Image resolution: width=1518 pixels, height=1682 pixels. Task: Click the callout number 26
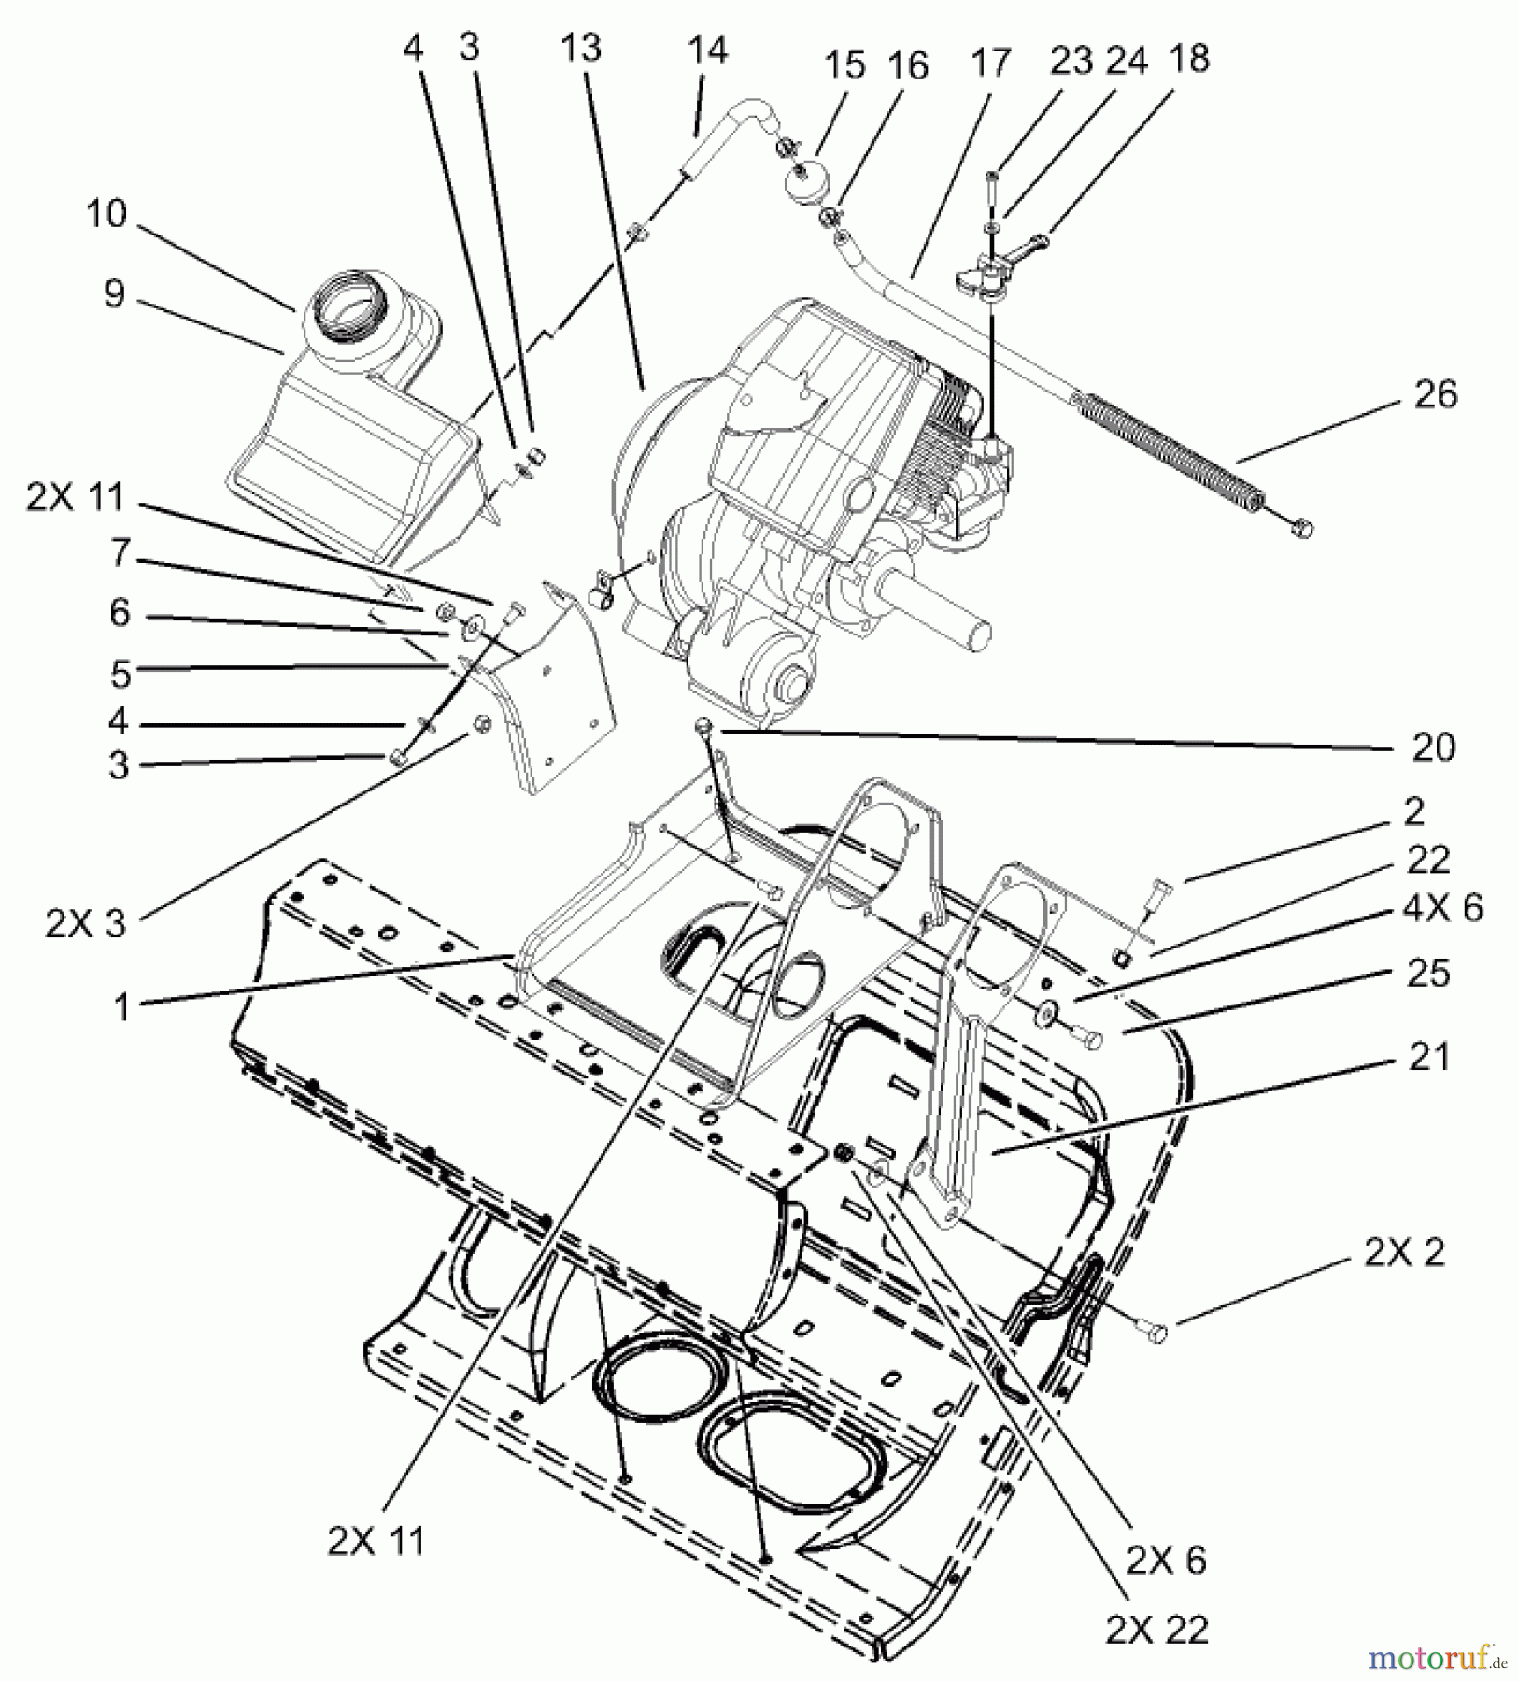1436,394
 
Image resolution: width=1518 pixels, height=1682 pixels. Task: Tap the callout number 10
105,214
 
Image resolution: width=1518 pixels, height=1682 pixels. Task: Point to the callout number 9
114,294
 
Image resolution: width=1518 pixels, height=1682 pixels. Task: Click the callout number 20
1433,747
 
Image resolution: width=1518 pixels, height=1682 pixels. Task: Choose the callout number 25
1428,973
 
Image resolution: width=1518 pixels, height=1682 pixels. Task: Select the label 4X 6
1442,908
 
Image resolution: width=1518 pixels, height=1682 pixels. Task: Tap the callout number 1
121,1008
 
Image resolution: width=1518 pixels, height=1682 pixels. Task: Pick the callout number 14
708,49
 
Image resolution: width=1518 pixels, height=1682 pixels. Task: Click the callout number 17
990,64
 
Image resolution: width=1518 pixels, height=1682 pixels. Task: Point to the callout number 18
1187,59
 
